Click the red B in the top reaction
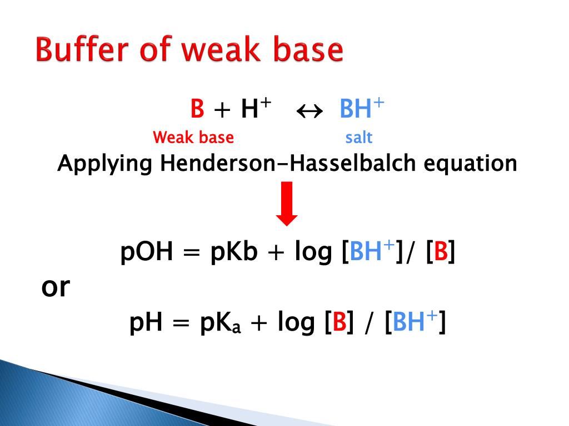(x=197, y=109)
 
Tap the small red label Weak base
(x=193, y=137)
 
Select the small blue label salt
(x=358, y=137)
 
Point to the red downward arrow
(x=287, y=204)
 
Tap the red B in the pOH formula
(x=441, y=253)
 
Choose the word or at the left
(x=56, y=287)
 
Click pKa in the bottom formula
(x=221, y=323)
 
